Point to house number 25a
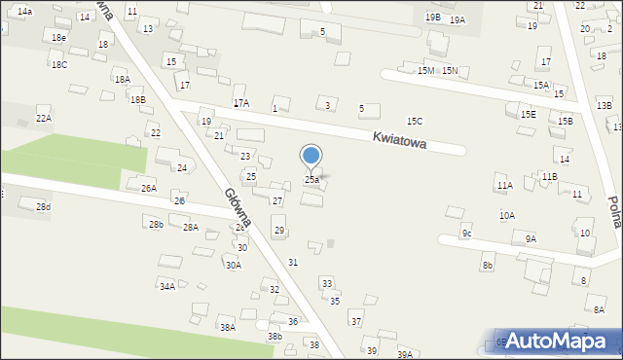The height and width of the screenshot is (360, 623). tap(311, 180)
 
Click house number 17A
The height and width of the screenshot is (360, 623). tap(240, 102)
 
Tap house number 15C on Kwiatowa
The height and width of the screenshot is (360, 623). tap(415, 121)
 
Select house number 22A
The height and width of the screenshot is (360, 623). tap(44, 118)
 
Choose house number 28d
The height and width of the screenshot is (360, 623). tap(43, 207)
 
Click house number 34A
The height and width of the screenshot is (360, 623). tap(167, 286)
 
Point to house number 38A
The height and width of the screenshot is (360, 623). tap(227, 328)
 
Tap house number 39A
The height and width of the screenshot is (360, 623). tap(405, 354)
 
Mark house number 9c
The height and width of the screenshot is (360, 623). tap(467, 234)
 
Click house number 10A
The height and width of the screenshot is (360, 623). tap(507, 216)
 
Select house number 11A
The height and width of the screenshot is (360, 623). tap(504, 185)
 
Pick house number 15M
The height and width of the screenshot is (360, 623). tap(425, 71)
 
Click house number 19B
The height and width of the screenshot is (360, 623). tap(432, 18)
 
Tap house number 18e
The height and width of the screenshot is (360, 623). tap(59, 37)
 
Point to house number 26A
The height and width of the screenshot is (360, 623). tap(148, 188)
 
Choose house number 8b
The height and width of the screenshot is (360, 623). tap(488, 265)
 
